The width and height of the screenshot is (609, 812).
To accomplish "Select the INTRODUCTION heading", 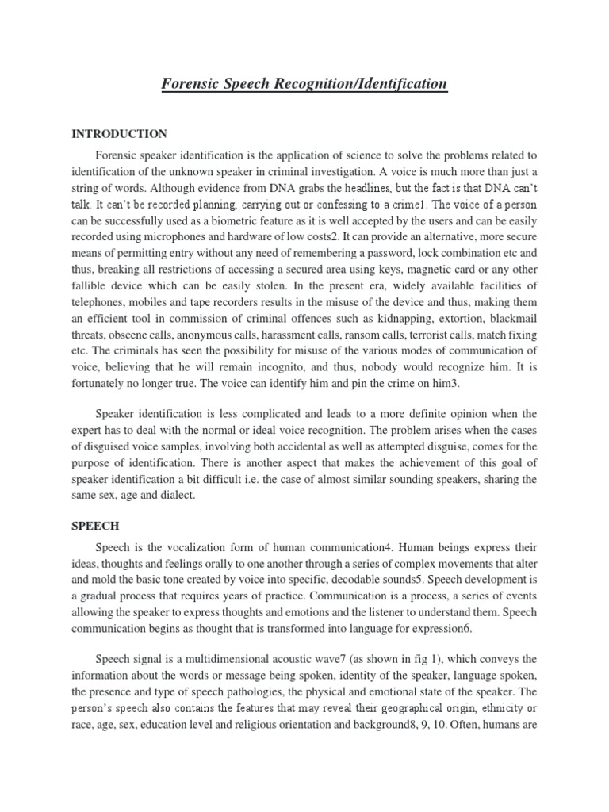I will [119, 133].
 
